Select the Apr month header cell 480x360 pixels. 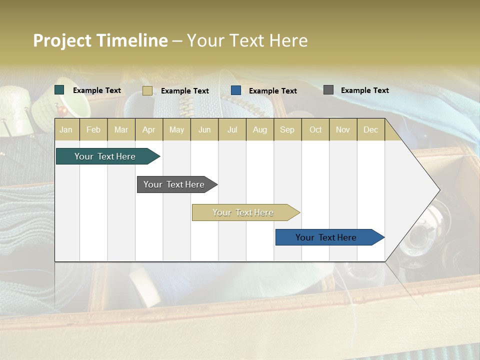point(149,129)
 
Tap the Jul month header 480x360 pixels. point(232,129)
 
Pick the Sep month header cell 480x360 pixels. point(287,129)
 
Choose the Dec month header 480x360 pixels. point(370,129)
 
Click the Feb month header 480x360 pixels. point(93,129)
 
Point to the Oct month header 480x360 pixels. point(315,129)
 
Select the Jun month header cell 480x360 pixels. point(204,129)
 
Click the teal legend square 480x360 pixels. point(59,90)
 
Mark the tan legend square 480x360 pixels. point(147,90)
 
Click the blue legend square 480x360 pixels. point(236,90)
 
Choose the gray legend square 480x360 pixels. point(328,90)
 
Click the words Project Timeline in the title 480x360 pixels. point(100,40)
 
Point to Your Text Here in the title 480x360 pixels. point(247,40)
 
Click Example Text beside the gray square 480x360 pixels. point(364,90)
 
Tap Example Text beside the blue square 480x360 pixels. point(272,91)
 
